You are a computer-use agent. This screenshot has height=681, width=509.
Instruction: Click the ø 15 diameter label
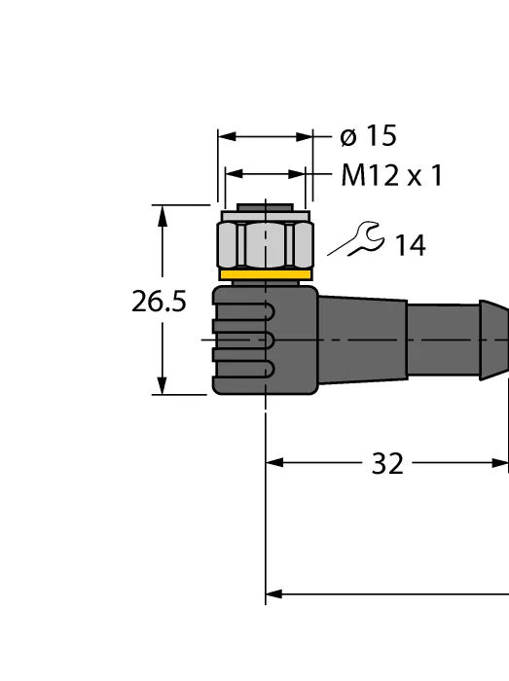(368, 136)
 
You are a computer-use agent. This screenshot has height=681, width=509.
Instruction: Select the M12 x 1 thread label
(392, 175)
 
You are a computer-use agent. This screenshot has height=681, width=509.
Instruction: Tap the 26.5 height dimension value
(159, 302)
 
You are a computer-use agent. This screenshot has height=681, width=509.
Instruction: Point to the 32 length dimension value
(387, 463)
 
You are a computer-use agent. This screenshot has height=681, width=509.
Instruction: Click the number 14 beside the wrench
(410, 245)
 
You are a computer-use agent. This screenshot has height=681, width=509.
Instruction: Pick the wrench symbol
(356, 239)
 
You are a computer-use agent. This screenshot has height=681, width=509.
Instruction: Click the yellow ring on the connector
(266, 274)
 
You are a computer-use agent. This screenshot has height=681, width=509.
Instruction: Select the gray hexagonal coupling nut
(265, 244)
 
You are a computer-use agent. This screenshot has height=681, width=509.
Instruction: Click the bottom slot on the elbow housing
(243, 369)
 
